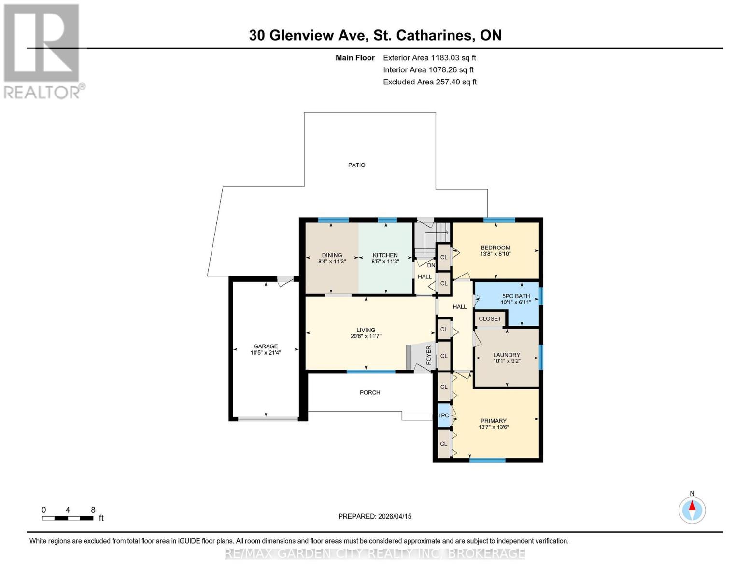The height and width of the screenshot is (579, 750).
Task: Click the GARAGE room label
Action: click(x=266, y=346)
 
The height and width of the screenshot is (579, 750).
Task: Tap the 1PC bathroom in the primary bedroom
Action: click(x=443, y=415)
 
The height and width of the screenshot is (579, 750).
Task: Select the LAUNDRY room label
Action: click(x=506, y=355)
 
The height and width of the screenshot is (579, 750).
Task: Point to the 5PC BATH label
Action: click(x=516, y=296)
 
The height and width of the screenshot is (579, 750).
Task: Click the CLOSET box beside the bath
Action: click(x=490, y=319)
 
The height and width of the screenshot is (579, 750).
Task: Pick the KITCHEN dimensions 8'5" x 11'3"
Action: click(x=385, y=262)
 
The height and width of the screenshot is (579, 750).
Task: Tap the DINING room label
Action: click(x=332, y=255)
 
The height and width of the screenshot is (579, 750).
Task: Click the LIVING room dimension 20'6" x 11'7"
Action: click(x=366, y=336)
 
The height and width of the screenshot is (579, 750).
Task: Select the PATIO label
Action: click(x=357, y=165)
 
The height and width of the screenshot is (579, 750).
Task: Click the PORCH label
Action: click(x=370, y=392)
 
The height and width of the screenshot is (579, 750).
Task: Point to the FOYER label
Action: click(x=428, y=355)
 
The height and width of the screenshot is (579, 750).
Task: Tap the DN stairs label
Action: click(x=431, y=265)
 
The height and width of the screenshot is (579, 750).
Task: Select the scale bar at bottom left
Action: click(x=68, y=518)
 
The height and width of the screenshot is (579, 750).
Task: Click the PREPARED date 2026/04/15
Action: click(x=375, y=516)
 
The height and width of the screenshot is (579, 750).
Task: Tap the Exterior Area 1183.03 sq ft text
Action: click(x=429, y=58)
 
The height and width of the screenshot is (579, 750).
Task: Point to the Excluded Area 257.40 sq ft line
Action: click(x=429, y=82)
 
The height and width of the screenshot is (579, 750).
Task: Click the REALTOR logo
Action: click(x=42, y=51)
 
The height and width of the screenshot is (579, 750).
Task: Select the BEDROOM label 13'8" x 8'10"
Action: click(x=495, y=250)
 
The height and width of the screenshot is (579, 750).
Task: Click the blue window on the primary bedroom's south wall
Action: click(x=487, y=460)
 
